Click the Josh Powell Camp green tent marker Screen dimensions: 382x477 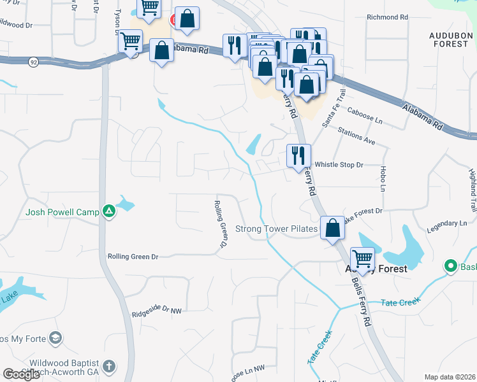(x=109, y=211)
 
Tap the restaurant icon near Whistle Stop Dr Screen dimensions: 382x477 (x=298, y=156)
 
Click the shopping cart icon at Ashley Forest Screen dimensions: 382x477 (x=362, y=258)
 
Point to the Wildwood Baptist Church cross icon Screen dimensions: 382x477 (x=108, y=366)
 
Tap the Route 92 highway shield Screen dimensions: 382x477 (x=33, y=62)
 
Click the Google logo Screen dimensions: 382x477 (x=21, y=374)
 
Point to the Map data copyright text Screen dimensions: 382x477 (x=450, y=377)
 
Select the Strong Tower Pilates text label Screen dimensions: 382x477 (x=276, y=229)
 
